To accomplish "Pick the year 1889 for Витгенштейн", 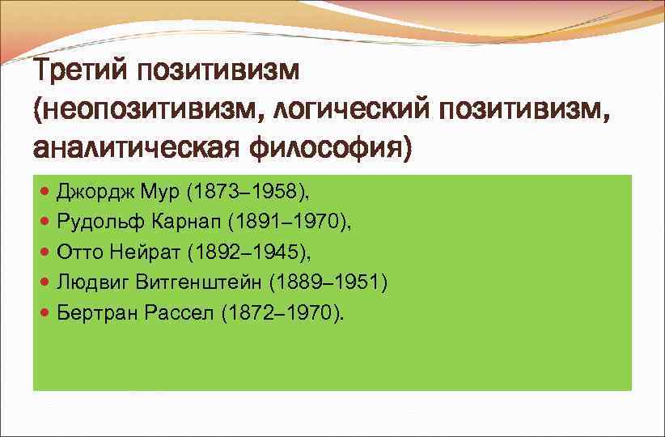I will click(299, 282).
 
